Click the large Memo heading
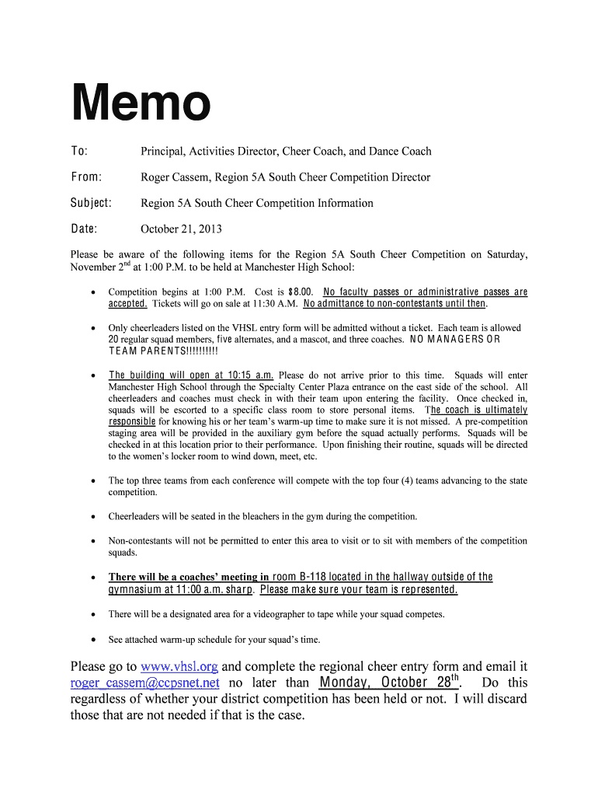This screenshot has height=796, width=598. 141,104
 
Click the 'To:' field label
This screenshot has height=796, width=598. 79,151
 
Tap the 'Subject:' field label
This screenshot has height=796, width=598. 91,203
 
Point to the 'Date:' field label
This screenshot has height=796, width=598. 84,229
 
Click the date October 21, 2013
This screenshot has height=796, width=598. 181,229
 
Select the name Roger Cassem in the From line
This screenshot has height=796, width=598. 175,177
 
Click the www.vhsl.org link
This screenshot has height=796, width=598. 179,666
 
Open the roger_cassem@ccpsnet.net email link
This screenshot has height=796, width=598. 145,683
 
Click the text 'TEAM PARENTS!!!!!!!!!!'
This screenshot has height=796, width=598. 163,351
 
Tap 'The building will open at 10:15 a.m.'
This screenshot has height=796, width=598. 191,375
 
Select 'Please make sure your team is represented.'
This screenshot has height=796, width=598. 359,589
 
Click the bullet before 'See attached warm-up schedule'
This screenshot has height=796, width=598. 93,640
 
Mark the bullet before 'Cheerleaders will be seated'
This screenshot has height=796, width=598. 93,516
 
